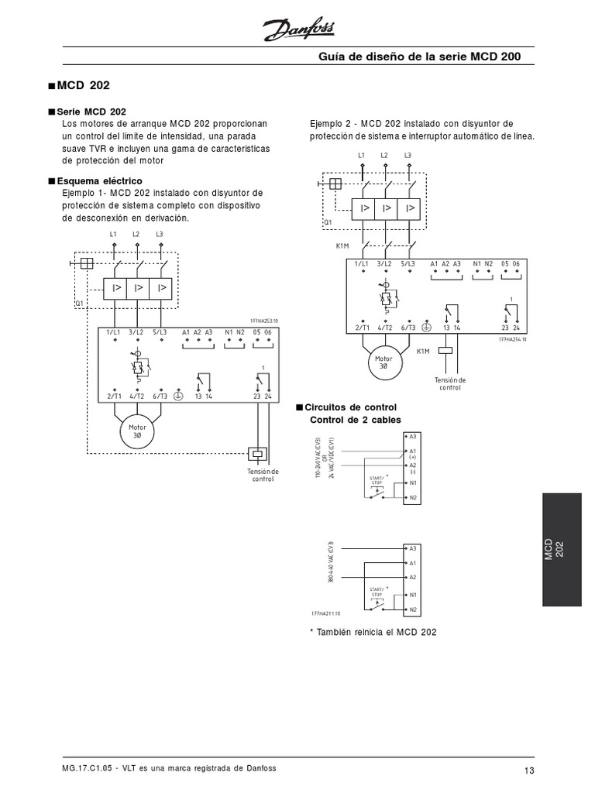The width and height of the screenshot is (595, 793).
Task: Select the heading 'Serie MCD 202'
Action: pos(91,112)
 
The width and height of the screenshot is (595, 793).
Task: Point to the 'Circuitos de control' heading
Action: pos(353,407)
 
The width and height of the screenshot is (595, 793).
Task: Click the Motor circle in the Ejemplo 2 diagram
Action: pos(384,363)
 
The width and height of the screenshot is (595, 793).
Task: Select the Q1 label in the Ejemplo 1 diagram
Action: pos(79,302)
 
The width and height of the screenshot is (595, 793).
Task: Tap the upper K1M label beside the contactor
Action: pos(342,245)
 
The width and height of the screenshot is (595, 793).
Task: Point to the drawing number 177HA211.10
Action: pos(325,613)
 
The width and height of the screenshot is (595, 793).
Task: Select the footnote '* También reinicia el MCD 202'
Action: pos(373,632)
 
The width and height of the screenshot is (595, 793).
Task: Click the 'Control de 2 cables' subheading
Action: pos(356,420)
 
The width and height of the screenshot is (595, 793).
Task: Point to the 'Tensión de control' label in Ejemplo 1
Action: pos(263,475)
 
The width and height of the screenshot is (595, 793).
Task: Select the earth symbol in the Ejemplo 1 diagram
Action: pos(177,395)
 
